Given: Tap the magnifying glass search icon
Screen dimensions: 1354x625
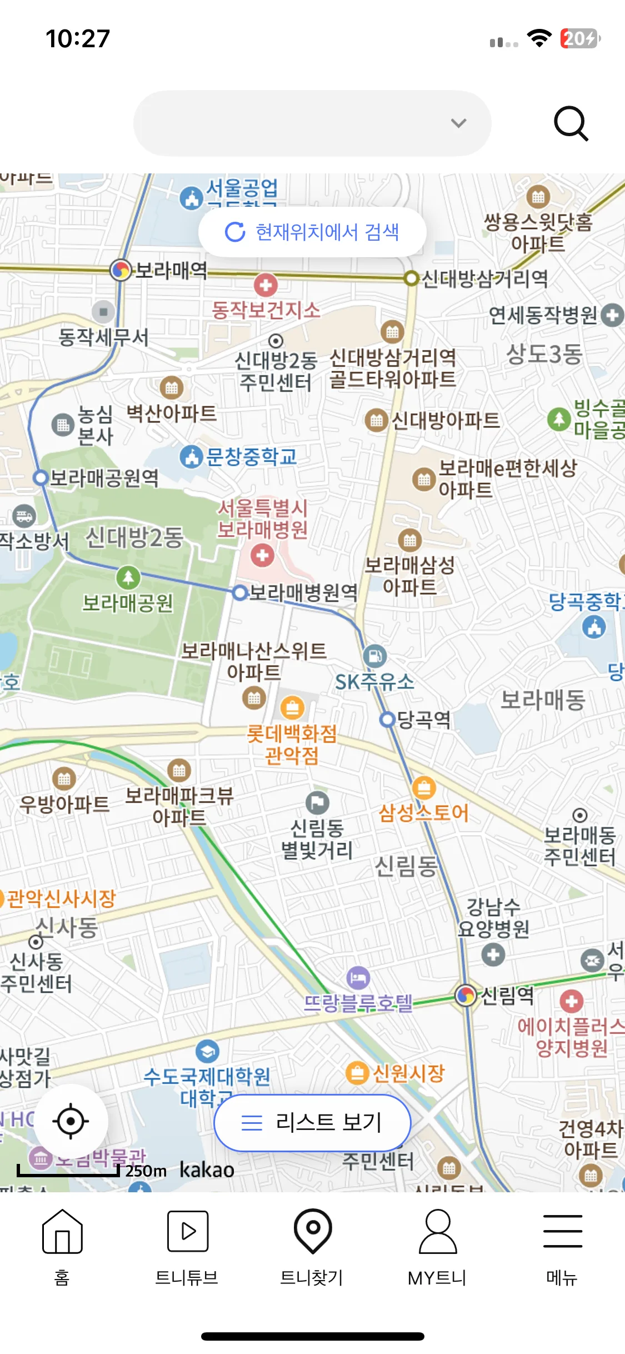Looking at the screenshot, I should tap(571, 123).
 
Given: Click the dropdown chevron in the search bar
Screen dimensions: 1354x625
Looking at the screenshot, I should tap(458, 123).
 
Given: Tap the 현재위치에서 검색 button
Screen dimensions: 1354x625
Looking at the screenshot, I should tap(312, 232).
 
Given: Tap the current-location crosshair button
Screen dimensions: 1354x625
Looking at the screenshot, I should tap(71, 1121).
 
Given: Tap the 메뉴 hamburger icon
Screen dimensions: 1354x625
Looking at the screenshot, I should tap(562, 1231).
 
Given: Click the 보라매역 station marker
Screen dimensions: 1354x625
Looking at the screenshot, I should tap(121, 271).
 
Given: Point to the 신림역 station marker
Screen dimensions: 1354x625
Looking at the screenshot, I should tap(466, 995).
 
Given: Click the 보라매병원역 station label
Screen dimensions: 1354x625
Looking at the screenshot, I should tap(303, 593).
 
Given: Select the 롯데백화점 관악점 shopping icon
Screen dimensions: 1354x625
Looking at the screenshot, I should tap(292, 708).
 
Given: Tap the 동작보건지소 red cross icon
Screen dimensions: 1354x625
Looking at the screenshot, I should tap(266, 285).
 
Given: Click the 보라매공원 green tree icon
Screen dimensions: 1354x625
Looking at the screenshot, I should tap(128, 578).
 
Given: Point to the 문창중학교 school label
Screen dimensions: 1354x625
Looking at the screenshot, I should tap(251, 457).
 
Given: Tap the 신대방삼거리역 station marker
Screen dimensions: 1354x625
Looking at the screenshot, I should tap(411, 278).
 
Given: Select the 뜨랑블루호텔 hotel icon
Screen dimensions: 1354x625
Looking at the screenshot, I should tap(358, 977).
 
